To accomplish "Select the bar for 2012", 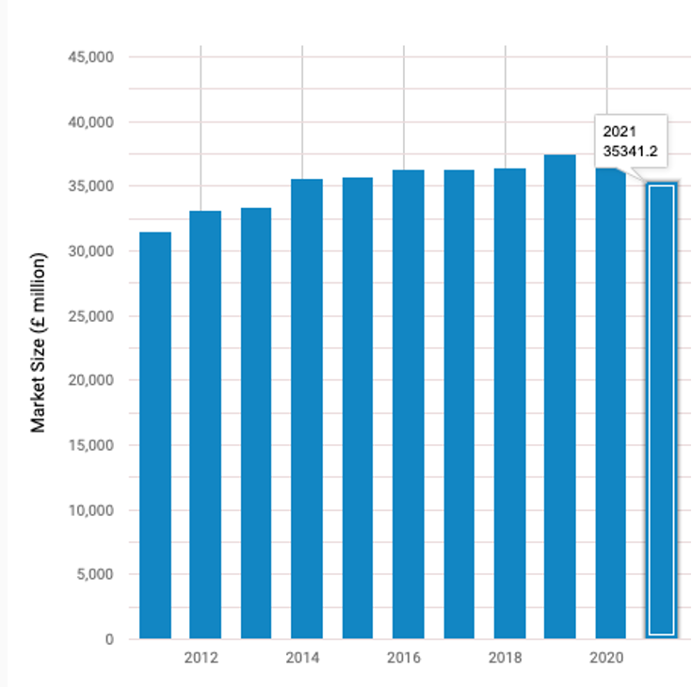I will point(205,424).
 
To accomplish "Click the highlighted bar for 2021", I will point(661,410).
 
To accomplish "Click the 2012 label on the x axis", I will point(201,657).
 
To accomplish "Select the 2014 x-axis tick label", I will point(303,657).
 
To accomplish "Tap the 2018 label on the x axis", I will point(506,657).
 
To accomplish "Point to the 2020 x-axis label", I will point(607,657).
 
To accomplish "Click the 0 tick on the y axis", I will point(109,639).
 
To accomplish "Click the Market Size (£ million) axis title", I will point(39,343).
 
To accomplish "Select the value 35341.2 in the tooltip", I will point(628,151).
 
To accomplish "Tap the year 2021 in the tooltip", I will point(619,132).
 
